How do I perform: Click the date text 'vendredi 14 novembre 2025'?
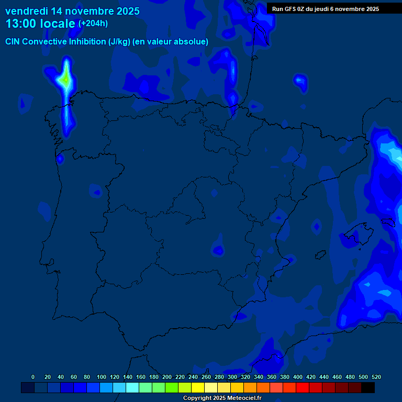[72, 11]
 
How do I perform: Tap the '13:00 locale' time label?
[41, 24]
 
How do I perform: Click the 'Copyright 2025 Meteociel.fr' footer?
[222, 398]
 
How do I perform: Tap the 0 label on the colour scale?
[33, 377]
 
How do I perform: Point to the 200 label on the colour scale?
[167, 377]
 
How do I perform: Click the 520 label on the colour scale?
[376, 377]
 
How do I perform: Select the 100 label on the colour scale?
[102, 377]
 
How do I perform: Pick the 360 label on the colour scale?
[272, 377]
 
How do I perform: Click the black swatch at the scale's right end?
[367, 387]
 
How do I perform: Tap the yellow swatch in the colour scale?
[198, 387]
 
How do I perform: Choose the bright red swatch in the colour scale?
[303, 387]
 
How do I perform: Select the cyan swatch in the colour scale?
[132, 387]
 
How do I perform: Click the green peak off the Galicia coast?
[65, 80]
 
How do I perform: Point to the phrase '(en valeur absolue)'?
[174, 42]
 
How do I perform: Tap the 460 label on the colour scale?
[337, 377]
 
